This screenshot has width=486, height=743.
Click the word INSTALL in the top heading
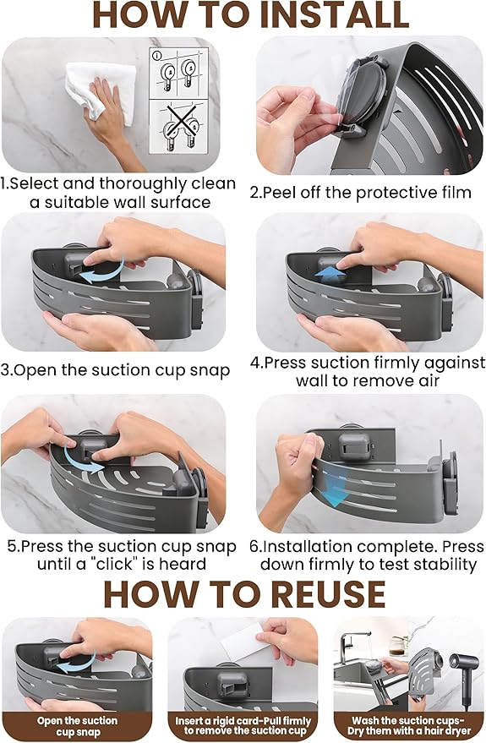point(335,15)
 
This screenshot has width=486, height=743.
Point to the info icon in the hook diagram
point(157,56)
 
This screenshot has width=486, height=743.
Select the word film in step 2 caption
point(453,193)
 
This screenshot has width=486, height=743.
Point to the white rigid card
point(246,640)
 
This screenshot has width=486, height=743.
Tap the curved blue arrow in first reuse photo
point(77,664)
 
